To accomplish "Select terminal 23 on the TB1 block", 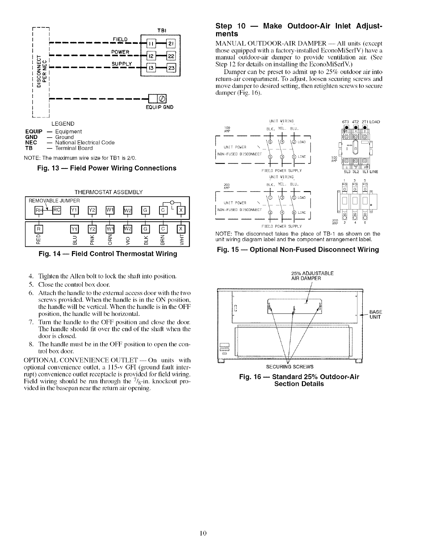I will (x=172, y=67).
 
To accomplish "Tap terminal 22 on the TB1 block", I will (x=172, y=56).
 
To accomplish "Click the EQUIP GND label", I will (x=159, y=107).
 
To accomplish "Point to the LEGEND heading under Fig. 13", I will (x=63, y=124).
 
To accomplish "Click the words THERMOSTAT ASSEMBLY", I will (x=108, y=192).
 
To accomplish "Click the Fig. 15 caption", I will (x=298, y=250).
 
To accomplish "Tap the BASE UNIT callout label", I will (x=376, y=314).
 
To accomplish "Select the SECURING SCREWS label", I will (x=290, y=367).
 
